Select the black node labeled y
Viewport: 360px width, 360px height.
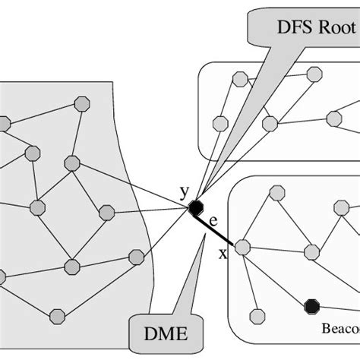196,207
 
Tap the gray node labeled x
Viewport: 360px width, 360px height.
242,246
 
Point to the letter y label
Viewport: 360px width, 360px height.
184,191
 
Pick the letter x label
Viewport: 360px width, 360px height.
223,253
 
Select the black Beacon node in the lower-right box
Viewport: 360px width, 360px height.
310,305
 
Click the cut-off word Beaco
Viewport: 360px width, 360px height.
343,328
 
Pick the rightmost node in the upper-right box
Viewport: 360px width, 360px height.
334,118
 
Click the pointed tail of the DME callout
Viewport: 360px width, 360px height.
203,238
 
